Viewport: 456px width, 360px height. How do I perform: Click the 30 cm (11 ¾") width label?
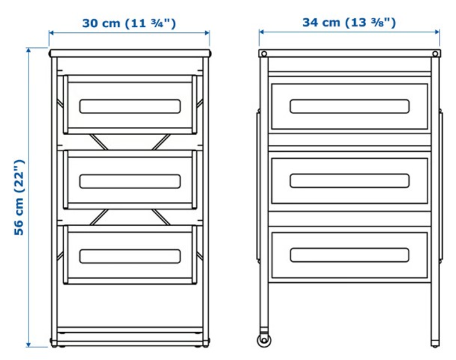(129, 23)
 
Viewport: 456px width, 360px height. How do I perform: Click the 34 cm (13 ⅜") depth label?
(349, 22)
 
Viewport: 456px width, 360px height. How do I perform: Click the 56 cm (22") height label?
(19, 197)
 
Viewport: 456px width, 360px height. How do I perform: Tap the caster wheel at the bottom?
(263, 340)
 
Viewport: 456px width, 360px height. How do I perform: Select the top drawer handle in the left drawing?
(130, 106)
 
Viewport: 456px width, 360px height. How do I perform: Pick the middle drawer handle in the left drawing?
(130, 182)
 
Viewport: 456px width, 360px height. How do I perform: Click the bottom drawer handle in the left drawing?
(130, 256)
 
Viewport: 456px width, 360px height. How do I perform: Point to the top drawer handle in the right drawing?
(350, 106)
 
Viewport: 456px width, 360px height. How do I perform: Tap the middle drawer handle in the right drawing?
(350, 181)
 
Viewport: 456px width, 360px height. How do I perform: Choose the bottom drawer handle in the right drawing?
(350, 255)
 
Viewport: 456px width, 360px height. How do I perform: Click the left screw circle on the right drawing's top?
(264, 54)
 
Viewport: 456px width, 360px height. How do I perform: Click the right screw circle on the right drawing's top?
(435, 54)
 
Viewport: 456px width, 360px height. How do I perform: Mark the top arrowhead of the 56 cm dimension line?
(28, 50)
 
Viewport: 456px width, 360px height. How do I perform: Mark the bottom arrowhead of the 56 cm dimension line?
(28, 344)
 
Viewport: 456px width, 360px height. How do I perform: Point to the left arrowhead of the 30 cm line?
(51, 33)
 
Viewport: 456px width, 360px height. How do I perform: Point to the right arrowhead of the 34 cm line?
(437, 32)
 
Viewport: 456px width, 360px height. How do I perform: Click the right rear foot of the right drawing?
(434, 344)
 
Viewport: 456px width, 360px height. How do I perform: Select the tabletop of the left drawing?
(130, 53)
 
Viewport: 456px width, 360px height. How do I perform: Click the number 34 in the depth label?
(310, 22)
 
